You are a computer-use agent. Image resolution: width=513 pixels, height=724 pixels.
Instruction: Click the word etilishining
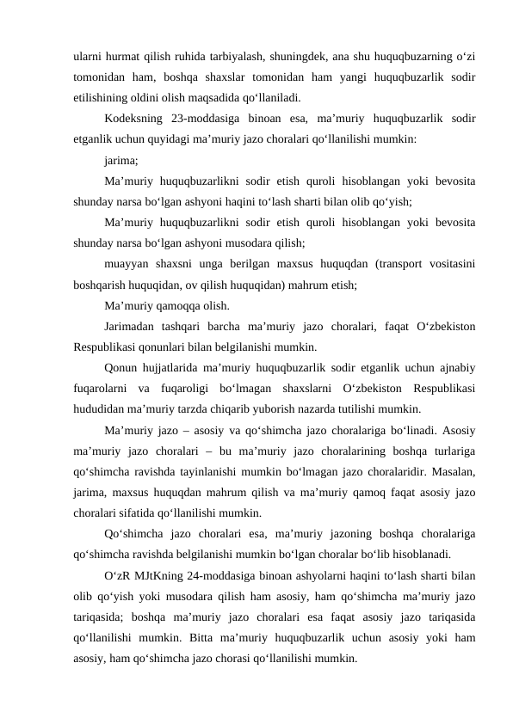tap(108, 97)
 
